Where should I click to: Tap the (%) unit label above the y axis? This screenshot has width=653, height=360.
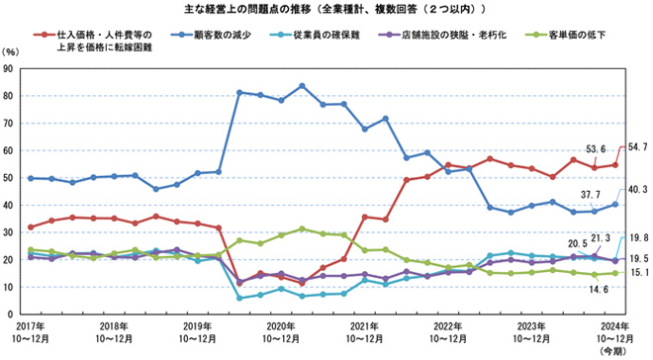(x=12, y=50)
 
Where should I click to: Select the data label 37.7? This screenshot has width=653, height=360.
(x=590, y=195)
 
